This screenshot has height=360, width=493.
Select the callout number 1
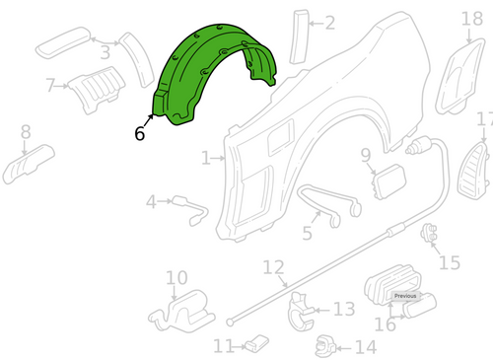click(206, 157)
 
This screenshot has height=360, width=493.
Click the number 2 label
click(329, 23)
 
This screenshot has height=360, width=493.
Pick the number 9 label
click(365, 154)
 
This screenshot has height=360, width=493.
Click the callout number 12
click(273, 266)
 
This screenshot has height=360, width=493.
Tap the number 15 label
click(450, 262)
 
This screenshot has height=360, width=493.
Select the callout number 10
click(176, 278)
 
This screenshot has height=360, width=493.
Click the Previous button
click(404, 296)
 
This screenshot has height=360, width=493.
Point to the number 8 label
click(26, 131)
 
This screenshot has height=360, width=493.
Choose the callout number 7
click(50, 86)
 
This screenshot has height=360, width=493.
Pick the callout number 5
click(308, 233)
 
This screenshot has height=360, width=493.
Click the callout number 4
click(152, 202)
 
